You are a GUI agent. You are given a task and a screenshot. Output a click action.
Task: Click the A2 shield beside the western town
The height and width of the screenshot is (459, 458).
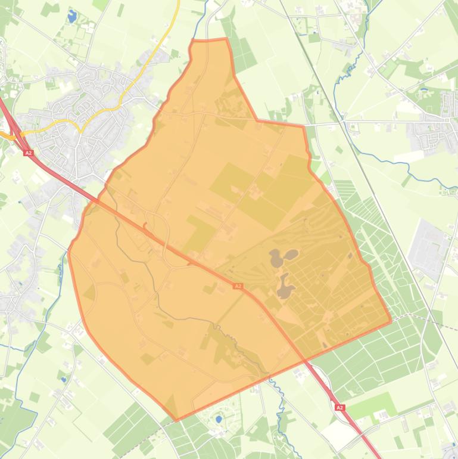click(x=27, y=153)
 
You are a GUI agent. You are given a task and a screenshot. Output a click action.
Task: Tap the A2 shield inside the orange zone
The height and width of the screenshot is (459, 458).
click(x=238, y=286)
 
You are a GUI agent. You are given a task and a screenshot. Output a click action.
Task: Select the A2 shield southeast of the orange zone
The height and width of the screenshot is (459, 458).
click(x=339, y=408)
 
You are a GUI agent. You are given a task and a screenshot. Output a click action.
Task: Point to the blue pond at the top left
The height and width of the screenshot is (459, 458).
click(x=73, y=16)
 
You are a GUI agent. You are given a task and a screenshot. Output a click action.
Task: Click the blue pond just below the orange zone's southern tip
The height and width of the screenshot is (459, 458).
click(x=219, y=419)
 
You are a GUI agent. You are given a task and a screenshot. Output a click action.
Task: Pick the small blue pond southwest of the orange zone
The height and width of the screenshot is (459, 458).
click(x=63, y=378)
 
